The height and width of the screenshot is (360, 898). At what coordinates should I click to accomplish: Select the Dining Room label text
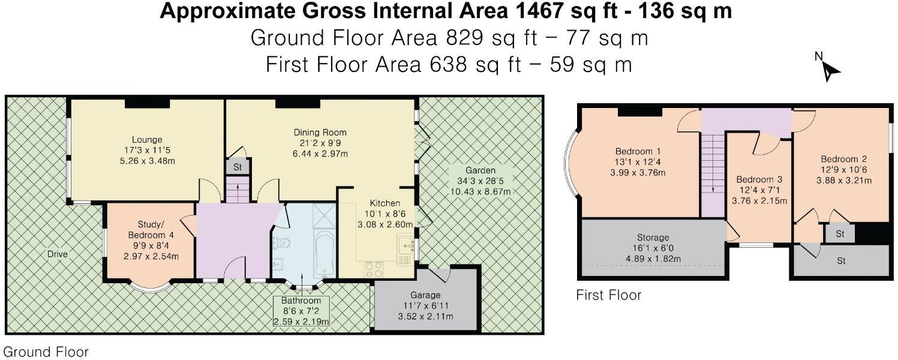(x=320, y=132)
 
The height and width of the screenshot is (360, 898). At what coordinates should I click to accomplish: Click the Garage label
(x=425, y=295)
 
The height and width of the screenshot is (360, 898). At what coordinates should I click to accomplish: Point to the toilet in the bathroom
(x=284, y=243)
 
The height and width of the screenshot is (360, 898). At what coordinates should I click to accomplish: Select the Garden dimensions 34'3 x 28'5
(x=476, y=181)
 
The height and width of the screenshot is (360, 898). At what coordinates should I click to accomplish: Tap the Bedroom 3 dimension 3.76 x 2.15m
(x=759, y=201)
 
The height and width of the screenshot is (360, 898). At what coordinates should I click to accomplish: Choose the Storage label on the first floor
(x=653, y=238)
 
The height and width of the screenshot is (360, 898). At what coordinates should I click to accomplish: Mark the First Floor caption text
(x=608, y=295)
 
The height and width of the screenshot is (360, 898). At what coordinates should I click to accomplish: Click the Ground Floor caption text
(x=46, y=352)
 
